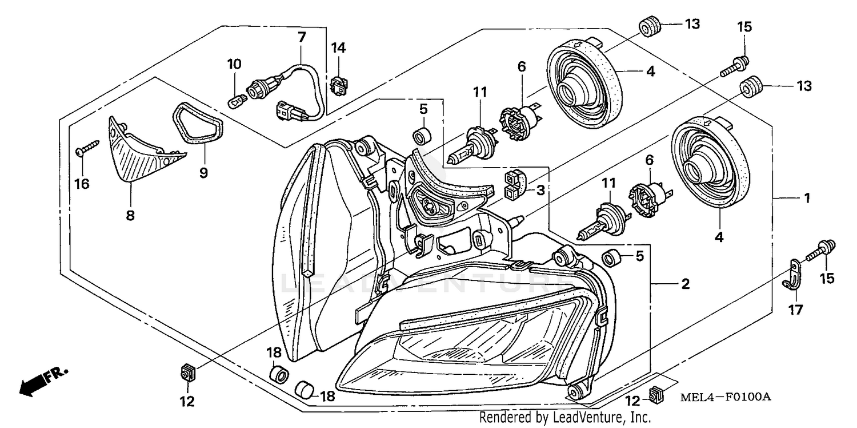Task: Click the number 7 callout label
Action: point(302,37)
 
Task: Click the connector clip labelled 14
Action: point(338,86)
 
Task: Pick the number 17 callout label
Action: point(796,310)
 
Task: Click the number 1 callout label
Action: point(807,199)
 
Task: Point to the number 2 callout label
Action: point(685,284)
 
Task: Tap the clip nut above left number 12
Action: point(186,373)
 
